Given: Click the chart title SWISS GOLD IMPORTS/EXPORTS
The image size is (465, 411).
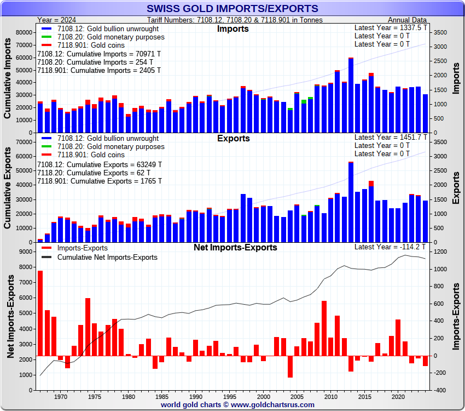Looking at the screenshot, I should pos(232,8).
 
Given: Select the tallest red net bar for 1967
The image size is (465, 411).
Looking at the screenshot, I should pos(40,313).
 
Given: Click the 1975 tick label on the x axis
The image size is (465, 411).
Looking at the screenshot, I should pos(95,396).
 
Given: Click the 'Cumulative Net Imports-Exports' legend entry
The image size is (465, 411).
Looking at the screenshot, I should pos(107,257).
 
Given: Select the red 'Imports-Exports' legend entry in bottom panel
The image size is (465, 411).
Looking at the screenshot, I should pos(83,248).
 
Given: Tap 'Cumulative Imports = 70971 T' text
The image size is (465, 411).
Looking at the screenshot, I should pos(99,54).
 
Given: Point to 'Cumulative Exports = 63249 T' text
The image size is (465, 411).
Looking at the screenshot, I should pos(99,164).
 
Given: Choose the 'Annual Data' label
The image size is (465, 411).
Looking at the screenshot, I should pos(407,20).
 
